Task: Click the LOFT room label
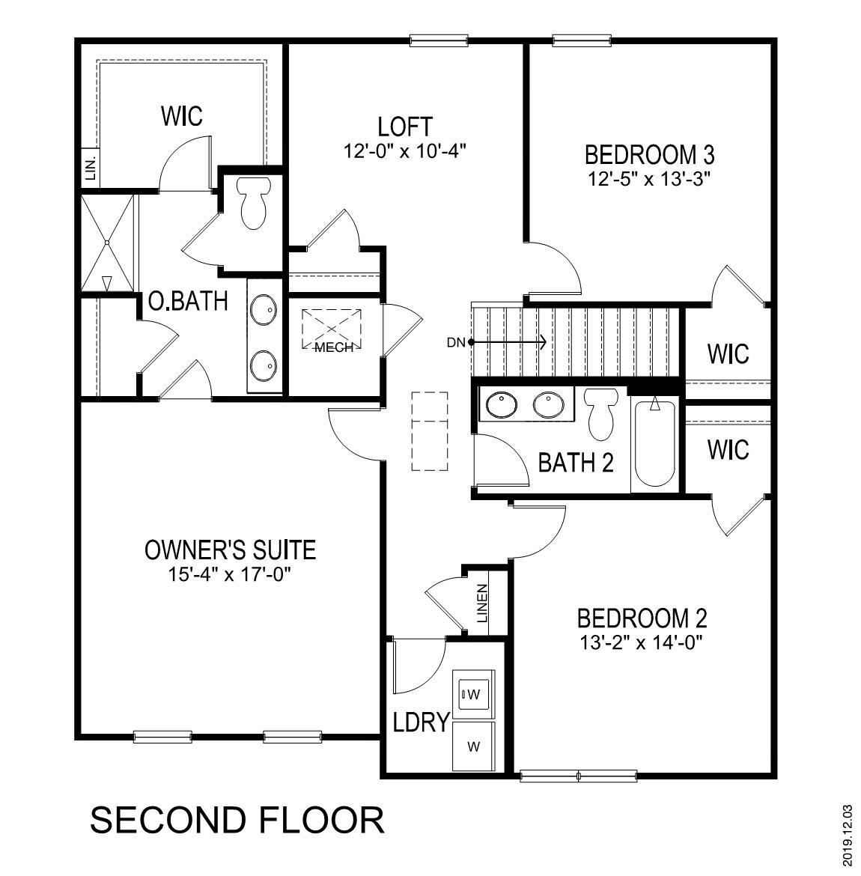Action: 405,125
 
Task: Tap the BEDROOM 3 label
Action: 649,155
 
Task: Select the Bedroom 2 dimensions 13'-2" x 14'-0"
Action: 642,642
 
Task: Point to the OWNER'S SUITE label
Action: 230,550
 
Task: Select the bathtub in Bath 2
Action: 655,443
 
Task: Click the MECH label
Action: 333,348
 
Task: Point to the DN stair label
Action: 455,343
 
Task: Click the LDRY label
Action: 421,723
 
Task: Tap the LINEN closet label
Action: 482,604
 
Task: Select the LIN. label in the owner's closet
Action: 91,168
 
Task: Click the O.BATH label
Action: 187,301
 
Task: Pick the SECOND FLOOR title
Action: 237,820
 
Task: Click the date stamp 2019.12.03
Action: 847,836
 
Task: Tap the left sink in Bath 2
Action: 501,406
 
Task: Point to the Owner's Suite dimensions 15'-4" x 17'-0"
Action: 229,575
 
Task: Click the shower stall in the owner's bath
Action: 109,243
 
